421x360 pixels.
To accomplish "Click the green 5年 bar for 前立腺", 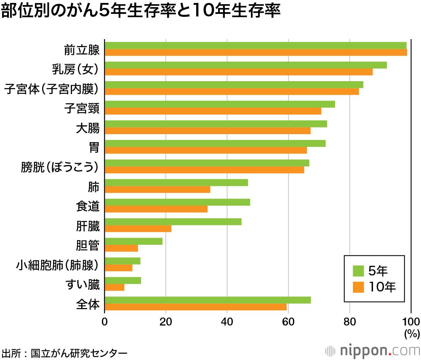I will click(x=255, y=45).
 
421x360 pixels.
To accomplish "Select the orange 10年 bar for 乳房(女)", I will click(x=238, y=72).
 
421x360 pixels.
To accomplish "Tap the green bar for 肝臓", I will click(x=173, y=222).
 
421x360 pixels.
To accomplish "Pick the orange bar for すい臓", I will click(x=115, y=287).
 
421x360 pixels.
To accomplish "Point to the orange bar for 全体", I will click(x=195, y=307).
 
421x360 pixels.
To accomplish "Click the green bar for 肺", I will click(x=176, y=183).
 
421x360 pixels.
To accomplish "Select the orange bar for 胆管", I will click(x=121, y=248).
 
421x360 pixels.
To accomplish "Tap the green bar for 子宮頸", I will click(x=219, y=104).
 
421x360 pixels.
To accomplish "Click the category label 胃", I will click(x=94, y=147).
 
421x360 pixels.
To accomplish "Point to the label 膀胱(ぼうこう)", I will click(x=60, y=167).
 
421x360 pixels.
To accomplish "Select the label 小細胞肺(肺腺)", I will click(x=58, y=265).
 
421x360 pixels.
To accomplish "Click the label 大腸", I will click(x=88, y=127).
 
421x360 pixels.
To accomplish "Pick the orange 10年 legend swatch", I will click(x=358, y=287).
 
